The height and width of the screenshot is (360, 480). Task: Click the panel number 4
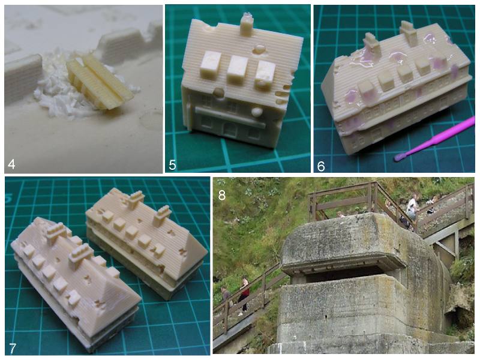11,164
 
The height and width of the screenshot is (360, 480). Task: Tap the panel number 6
321,166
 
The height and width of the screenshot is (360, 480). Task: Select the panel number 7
12,348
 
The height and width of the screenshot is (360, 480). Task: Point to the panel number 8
221,194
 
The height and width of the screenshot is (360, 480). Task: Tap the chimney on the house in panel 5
247,24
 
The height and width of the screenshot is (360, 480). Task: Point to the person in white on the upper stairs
412,206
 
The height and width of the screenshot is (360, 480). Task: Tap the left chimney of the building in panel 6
371,45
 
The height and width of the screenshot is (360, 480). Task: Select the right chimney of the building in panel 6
409,33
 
